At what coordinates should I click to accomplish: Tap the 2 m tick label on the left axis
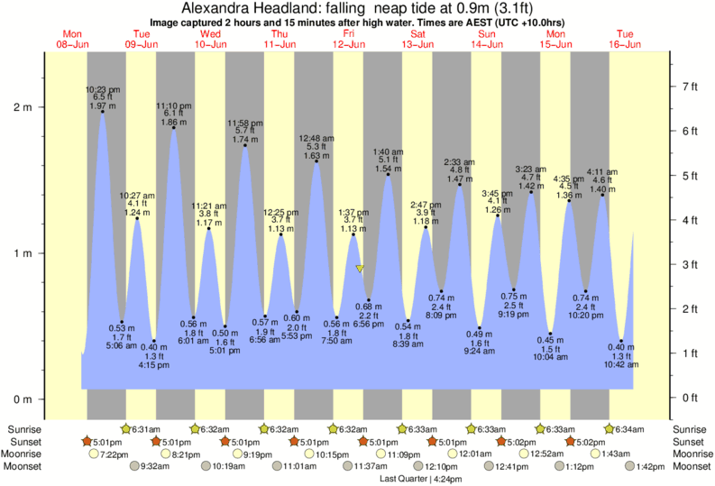click(21, 107)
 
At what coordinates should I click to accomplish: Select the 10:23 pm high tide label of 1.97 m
click(103, 98)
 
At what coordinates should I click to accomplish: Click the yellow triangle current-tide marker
click(360, 269)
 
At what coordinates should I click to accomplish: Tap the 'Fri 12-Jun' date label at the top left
click(349, 39)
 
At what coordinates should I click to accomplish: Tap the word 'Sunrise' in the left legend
click(23, 428)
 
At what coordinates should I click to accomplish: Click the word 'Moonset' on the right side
click(691, 466)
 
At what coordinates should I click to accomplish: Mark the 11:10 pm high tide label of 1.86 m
click(173, 114)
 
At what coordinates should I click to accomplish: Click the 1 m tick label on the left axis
click(21, 253)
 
